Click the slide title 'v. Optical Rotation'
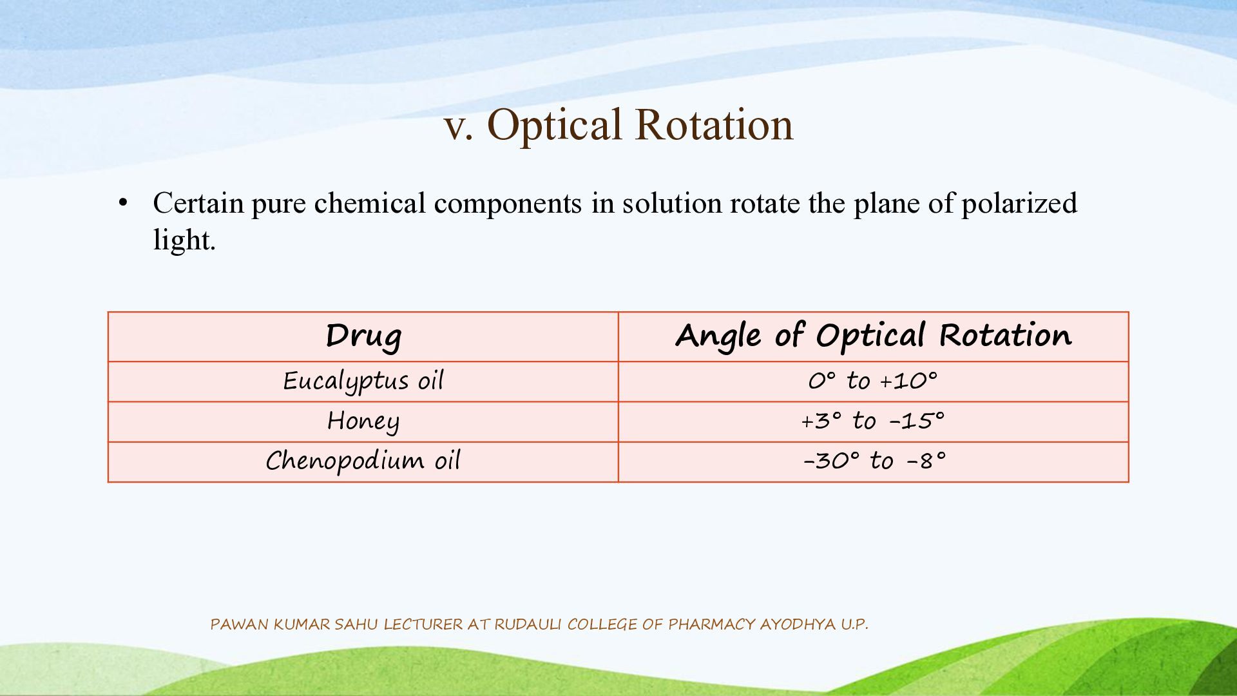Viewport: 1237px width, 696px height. point(618,124)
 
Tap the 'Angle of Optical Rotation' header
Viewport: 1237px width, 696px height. point(874,336)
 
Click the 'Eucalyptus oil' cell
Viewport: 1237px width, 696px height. point(363,382)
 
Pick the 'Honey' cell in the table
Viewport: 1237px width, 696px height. point(363,422)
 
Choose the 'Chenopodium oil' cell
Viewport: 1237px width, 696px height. point(363,461)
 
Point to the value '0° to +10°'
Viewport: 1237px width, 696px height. point(873,381)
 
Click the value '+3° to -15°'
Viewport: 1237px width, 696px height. point(873,421)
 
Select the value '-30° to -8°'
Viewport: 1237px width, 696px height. point(874,461)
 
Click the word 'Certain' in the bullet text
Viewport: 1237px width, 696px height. point(198,203)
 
